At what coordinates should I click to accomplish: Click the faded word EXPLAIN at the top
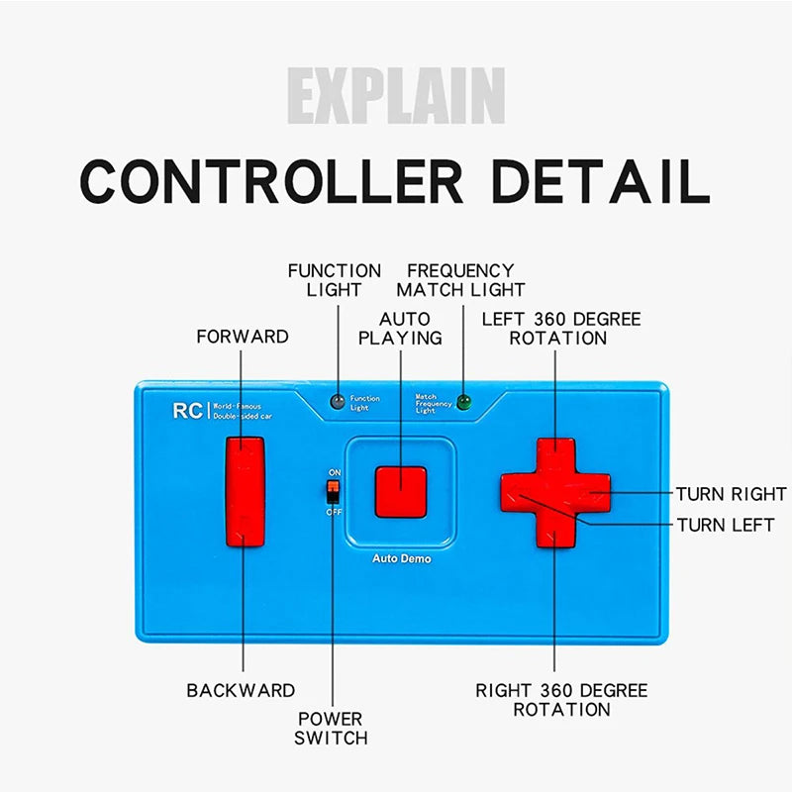396,96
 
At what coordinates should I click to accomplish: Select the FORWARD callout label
243,337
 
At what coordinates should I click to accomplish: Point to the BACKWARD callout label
241,690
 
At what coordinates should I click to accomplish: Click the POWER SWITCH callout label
332,728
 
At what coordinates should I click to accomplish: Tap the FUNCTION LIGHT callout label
334,280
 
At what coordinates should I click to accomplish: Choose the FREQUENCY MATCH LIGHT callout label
460,280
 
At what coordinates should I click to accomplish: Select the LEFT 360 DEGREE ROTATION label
560,328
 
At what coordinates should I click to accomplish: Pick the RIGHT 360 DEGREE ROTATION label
561,700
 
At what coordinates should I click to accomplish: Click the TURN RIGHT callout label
731,493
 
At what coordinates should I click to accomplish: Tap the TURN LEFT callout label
725,525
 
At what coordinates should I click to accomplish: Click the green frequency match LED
463,403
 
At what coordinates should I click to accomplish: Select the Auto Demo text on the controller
401,558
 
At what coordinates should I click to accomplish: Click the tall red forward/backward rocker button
245,491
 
